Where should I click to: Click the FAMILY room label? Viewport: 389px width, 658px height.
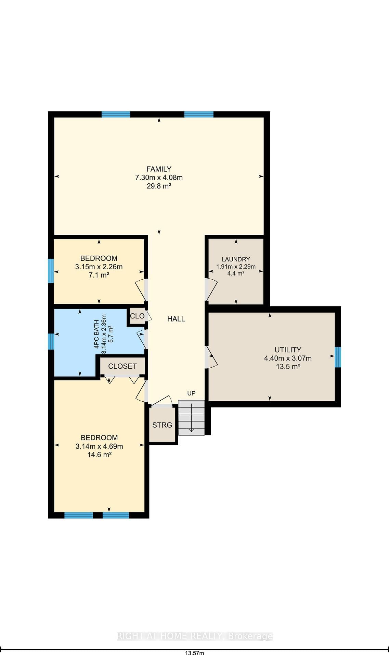(159, 169)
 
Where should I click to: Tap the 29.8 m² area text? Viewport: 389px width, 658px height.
(159, 186)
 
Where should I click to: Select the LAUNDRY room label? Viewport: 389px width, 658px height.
(236, 259)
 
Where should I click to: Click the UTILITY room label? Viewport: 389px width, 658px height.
(288, 350)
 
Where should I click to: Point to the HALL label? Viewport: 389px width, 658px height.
(176, 319)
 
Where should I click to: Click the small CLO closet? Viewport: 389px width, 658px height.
(137, 316)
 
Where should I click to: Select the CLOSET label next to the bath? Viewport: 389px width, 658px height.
(122, 366)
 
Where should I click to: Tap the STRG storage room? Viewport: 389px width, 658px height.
(162, 425)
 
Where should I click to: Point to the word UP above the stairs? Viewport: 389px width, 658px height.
(191, 393)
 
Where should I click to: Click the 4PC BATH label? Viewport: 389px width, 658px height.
(97, 334)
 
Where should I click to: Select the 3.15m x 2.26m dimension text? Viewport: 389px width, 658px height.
(99, 267)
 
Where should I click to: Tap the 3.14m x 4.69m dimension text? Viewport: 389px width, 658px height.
(99, 446)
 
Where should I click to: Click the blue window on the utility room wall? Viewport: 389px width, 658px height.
(338, 357)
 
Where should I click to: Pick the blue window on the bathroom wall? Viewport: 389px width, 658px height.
(51, 341)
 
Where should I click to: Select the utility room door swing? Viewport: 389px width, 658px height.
(211, 357)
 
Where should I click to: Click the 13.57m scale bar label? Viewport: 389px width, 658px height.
(194, 653)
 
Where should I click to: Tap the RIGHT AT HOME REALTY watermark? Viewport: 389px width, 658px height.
(194, 636)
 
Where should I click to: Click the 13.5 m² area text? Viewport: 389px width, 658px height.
(288, 367)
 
